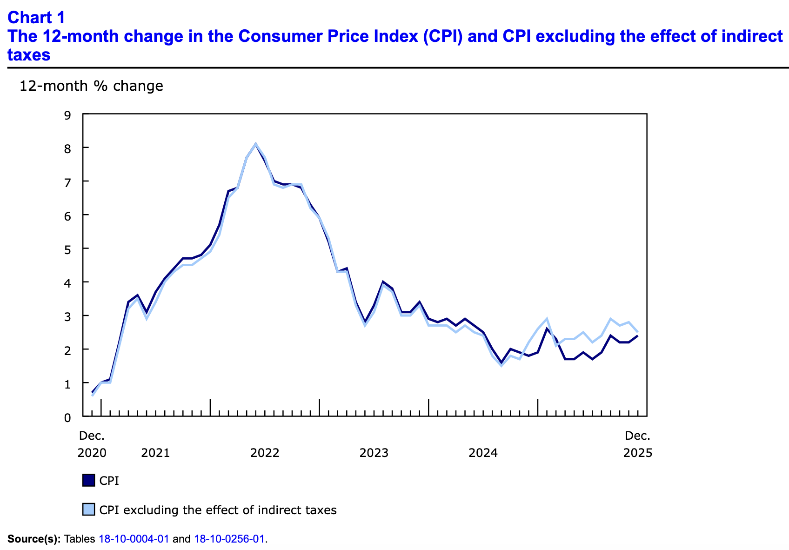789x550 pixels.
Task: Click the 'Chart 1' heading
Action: (36, 17)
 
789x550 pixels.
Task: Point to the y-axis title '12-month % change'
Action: (91, 86)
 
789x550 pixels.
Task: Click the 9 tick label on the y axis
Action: (67, 114)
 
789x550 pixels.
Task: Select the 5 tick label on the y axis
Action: (67, 249)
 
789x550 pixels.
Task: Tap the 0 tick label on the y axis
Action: (67, 417)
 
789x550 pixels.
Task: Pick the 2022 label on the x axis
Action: (265, 453)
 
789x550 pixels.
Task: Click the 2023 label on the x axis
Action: (374, 453)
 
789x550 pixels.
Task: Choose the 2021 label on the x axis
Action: (155, 453)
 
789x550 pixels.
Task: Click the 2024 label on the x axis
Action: (483, 453)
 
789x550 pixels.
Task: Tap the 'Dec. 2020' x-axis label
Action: (92, 444)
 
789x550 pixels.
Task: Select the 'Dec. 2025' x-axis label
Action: (638, 444)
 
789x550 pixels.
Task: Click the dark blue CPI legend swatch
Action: (88, 480)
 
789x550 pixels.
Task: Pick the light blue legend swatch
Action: (88, 510)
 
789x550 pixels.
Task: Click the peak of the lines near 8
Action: (255, 144)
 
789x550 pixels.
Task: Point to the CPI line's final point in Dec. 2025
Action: (638, 335)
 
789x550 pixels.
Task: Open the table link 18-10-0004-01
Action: (134, 539)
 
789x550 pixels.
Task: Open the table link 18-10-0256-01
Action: (229, 539)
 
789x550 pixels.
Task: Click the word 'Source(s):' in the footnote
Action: (34, 539)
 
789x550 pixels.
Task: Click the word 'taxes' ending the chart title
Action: (29, 55)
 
